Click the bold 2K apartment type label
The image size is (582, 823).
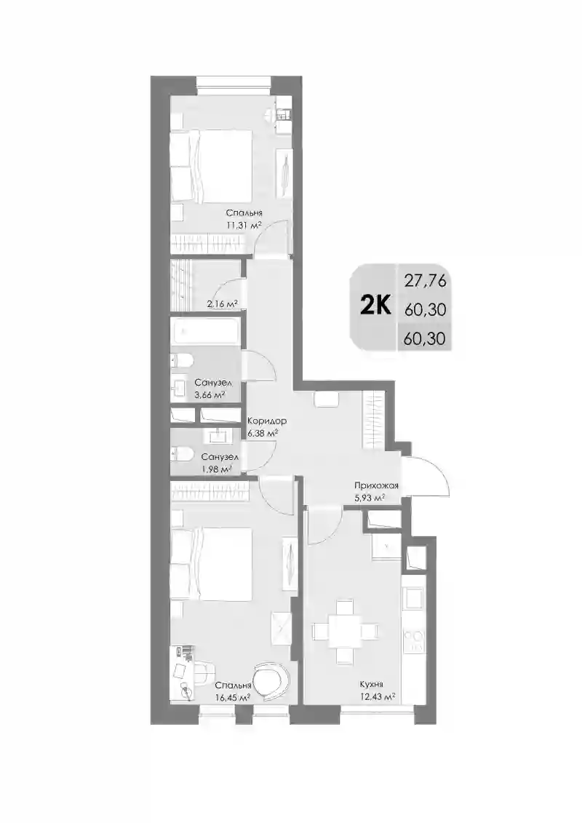(375, 305)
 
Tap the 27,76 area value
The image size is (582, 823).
(425, 282)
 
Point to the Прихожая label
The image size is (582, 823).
(376, 485)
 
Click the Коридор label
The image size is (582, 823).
(266, 421)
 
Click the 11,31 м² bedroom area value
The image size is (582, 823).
(244, 225)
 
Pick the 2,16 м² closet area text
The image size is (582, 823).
(222, 303)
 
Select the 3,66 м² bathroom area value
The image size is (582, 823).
(209, 394)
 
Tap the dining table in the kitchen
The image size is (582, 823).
(346, 630)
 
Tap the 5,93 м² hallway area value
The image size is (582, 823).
(370, 498)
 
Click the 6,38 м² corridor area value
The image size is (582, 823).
(263, 434)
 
